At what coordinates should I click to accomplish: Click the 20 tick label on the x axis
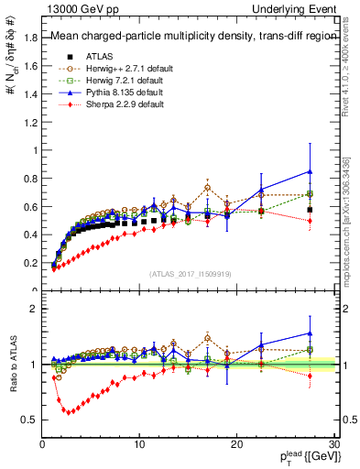(235, 444)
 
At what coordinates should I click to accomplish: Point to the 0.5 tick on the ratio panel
(30, 420)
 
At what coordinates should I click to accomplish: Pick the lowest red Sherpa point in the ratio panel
(66, 411)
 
